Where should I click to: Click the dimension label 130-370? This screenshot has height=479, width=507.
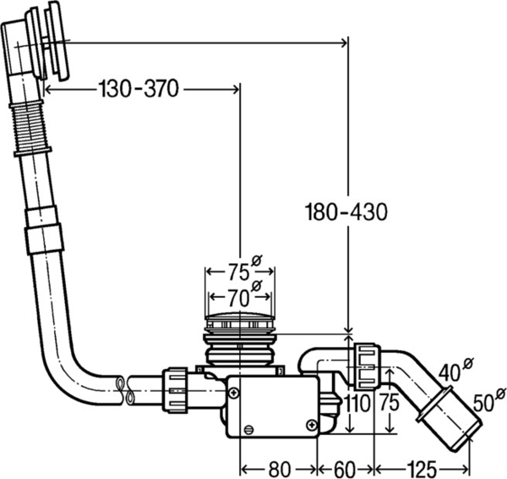139,89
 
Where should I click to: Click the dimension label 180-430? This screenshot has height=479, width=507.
346,212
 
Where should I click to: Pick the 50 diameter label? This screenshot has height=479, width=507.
489,400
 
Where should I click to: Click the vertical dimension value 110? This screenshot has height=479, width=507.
357,403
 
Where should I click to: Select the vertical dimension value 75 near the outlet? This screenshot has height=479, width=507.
390,403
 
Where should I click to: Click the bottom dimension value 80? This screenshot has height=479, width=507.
280,469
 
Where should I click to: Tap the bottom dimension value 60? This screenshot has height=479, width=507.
344,469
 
